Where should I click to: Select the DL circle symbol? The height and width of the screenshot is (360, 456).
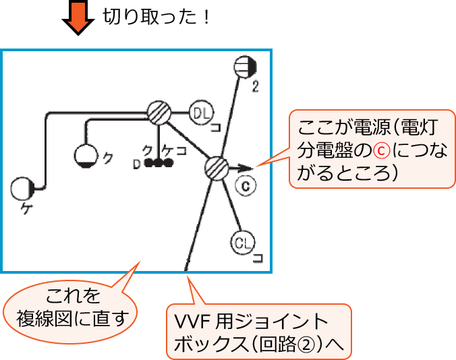coord(200,113)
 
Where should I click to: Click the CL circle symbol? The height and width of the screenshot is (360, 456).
coord(241,241)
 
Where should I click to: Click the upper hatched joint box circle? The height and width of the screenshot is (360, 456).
coord(159,112)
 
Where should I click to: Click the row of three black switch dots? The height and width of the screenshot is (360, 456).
coord(159,162)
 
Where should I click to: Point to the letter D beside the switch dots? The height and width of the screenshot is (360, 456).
coord(136,164)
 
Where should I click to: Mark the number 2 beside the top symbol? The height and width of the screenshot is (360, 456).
coord(255,86)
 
